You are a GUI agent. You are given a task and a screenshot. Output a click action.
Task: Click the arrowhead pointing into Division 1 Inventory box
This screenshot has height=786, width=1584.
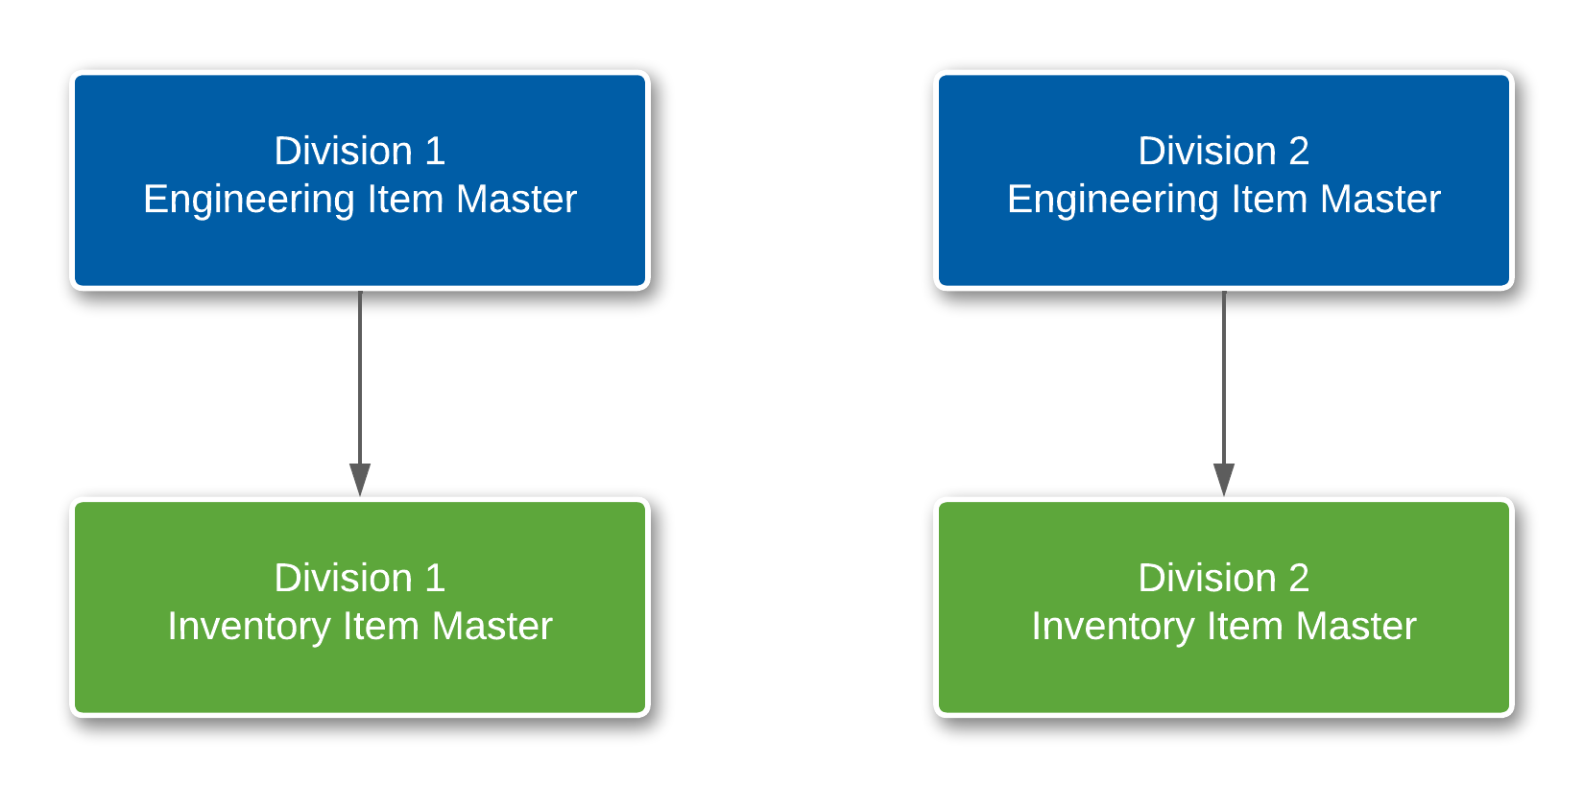[360, 479]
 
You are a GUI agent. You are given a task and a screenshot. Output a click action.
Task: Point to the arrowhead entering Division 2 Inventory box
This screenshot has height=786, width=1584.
[1224, 479]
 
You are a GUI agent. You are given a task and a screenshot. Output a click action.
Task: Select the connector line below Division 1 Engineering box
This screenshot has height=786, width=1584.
[360, 374]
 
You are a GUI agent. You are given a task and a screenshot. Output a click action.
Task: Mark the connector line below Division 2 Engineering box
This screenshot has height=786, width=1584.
[1224, 374]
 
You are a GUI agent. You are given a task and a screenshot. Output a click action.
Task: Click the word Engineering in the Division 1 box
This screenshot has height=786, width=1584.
[249, 200]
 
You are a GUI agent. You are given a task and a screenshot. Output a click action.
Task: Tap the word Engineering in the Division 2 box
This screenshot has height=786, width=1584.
[1113, 200]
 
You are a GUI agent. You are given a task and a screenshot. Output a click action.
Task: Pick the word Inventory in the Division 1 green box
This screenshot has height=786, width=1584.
[249, 627]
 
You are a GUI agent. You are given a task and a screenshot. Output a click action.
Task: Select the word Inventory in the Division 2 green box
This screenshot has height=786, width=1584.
[1113, 627]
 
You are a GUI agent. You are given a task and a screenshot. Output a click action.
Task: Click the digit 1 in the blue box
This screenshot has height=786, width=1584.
[435, 152]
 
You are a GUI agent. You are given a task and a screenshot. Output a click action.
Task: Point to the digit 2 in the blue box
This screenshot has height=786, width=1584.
[1299, 152]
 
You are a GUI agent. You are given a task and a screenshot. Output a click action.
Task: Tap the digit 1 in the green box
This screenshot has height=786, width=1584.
[435, 579]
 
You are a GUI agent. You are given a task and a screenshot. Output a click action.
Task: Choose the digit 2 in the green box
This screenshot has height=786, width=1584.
[1299, 579]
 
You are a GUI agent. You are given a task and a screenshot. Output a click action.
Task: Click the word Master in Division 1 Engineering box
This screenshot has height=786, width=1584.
[516, 200]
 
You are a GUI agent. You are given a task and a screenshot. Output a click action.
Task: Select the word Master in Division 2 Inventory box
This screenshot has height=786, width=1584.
[1356, 627]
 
